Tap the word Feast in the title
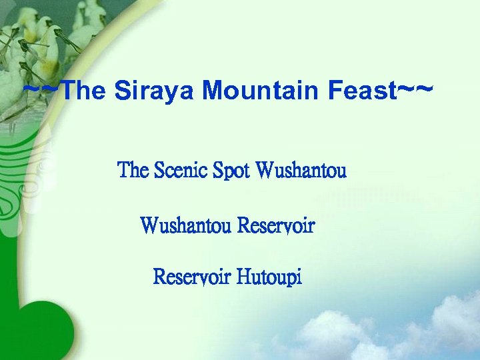tap(363, 91)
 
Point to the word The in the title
tap(87, 91)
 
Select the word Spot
tap(231, 171)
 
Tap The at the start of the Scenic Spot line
tap(133, 171)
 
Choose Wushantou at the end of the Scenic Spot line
tap(301, 171)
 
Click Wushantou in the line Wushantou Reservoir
tap(186, 225)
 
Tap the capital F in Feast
tap(335, 91)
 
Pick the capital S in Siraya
tap(122, 91)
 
